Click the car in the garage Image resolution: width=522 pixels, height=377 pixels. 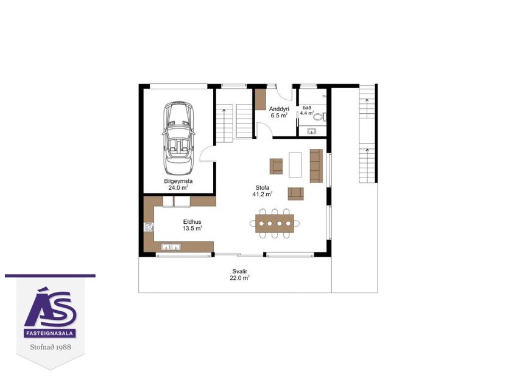pyautogui.click(x=177, y=137)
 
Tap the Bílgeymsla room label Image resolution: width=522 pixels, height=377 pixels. pyautogui.click(x=177, y=184)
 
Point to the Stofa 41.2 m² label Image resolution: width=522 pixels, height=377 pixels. pyautogui.click(x=262, y=191)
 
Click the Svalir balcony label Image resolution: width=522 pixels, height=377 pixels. pyautogui.click(x=240, y=275)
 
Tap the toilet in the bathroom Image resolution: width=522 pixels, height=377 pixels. pyautogui.click(x=323, y=114)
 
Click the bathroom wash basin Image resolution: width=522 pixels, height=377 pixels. pyautogui.click(x=312, y=130)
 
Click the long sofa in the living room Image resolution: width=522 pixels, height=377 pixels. pyautogui.click(x=316, y=165)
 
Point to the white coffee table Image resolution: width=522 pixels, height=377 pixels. pyautogui.click(x=296, y=164)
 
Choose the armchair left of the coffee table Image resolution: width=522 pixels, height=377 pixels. pyautogui.click(x=277, y=165)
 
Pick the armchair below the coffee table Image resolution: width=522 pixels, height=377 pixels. pyautogui.click(x=296, y=193)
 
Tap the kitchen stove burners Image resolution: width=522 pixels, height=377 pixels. pyautogui.click(x=148, y=227)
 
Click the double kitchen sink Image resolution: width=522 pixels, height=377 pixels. pyautogui.click(x=171, y=246)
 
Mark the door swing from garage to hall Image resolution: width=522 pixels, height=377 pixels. pyautogui.click(x=207, y=153)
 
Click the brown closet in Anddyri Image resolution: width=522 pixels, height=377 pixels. pyautogui.click(x=261, y=99)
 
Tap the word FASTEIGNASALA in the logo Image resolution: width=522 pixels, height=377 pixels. pyautogui.click(x=51, y=333)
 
